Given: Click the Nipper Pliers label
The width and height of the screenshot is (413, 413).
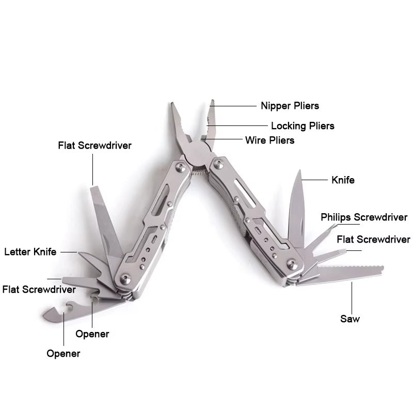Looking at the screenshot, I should point(290,106).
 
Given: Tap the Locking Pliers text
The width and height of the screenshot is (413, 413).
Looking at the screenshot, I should point(303,125).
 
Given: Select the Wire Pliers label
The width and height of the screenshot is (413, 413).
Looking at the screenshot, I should point(269,140).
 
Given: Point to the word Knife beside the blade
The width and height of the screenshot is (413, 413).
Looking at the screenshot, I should point(343,180).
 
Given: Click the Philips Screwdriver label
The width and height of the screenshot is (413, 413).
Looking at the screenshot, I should point(364,217).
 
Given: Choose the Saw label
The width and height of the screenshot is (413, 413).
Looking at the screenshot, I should point(350,319).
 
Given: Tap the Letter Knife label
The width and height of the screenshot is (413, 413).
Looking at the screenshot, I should point(30,252).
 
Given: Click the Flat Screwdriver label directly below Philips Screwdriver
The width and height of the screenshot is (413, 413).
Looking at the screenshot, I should point(373,240).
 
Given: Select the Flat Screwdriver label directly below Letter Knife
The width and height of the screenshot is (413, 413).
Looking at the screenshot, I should point(39,289).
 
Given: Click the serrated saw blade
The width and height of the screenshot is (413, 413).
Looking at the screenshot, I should point(351,272).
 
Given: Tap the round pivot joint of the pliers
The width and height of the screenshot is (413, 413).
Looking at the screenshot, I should point(197,153).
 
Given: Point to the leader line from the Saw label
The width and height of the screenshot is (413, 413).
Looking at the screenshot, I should point(353,297).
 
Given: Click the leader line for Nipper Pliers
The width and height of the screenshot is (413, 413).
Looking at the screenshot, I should point(235,106).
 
